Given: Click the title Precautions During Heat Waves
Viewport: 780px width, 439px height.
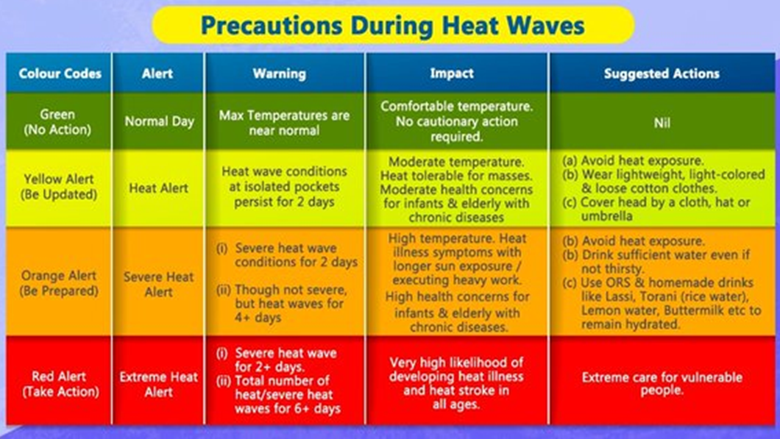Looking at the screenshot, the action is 392,25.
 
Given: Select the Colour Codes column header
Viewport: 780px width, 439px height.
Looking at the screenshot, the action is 60,74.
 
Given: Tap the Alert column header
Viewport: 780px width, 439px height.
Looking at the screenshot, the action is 157,74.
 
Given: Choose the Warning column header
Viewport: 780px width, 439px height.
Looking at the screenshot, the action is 279,74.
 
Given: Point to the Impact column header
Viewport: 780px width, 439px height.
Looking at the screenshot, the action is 452,73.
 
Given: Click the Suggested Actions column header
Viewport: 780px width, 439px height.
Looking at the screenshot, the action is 662,74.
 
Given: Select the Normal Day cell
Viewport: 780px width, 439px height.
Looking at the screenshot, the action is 159,121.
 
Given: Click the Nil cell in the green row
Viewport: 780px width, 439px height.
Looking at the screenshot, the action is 662,122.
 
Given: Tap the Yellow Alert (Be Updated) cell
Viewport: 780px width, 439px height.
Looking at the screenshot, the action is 59,187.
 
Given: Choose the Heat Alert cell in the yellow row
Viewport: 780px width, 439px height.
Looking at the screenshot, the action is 159,188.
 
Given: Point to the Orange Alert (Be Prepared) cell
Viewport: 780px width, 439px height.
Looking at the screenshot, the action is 59,283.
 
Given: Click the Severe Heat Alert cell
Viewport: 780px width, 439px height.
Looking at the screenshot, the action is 159,284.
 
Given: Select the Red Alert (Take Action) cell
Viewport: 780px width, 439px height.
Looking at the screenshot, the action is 60,384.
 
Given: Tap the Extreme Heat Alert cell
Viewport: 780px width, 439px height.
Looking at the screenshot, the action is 159,385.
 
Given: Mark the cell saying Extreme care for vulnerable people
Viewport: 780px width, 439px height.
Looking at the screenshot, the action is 662,383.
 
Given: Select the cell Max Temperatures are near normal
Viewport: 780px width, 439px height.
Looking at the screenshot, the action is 284,123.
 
